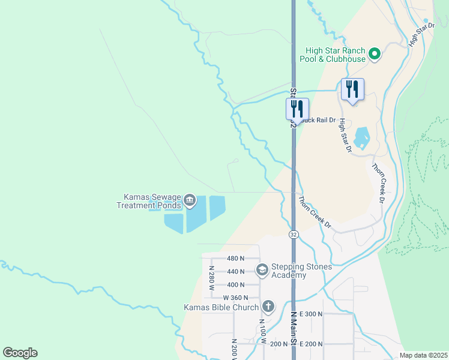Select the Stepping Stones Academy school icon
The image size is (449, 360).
click(262, 269)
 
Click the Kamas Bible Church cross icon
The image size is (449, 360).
click(268, 307)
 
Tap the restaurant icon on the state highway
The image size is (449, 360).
click(297, 109)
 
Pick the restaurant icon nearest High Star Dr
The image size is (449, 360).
click(352, 89)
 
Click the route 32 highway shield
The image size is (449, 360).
click(293, 234)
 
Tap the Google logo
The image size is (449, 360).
click(20, 353)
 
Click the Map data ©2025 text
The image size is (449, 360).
click(423, 355)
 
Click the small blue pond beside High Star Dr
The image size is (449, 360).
click(362, 138)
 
